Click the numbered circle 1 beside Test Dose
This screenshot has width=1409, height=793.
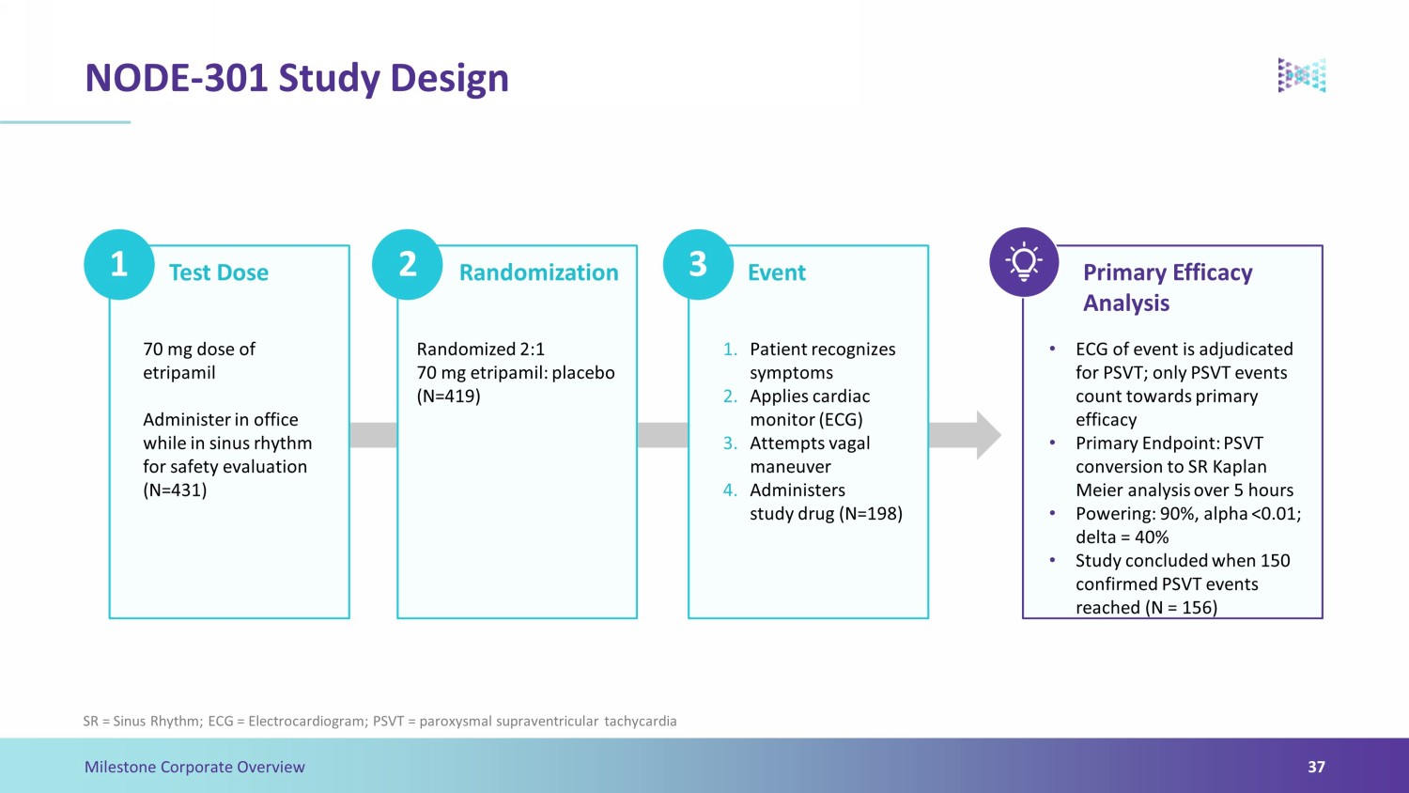[119, 264]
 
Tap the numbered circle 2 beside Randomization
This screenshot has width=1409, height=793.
[407, 264]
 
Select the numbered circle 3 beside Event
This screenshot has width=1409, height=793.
[698, 264]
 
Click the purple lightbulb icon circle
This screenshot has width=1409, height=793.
[1024, 262]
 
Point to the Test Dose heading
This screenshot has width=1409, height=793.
[218, 272]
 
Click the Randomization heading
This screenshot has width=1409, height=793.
[539, 272]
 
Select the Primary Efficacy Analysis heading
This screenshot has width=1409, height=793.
[1168, 288]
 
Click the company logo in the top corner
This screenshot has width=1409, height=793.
[1301, 75]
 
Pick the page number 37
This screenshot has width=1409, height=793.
[1316, 767]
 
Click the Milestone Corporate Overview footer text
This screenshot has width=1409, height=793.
[194, 767]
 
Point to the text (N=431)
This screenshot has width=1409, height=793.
[175, 490]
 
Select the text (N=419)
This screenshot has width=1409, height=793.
[448, 396]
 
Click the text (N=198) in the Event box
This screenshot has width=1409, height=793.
[871, 514]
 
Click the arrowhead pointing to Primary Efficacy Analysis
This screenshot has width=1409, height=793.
[988, 435]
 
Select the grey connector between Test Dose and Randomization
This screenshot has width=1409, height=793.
[373, 435]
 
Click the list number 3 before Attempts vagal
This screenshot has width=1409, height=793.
[730, 443]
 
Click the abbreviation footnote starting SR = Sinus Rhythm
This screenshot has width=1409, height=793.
[379, 722]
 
